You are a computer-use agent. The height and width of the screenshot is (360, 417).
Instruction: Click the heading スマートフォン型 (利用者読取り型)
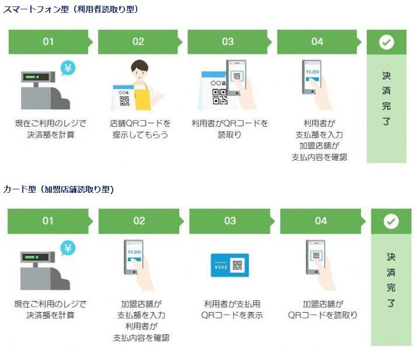tap(71, 9)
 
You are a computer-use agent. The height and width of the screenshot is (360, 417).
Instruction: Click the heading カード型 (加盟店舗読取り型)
tap(58, 189)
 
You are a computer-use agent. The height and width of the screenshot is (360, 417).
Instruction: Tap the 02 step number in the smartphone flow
tap(138, 41)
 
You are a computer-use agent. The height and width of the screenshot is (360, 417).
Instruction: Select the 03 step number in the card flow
tap(230, 221)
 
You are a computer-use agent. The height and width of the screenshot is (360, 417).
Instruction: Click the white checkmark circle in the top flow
tap(387, 42)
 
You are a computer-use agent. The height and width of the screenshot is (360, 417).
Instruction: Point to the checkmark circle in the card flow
tap(391, 221)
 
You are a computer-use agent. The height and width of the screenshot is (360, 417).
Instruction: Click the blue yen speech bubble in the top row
tap(68, 68)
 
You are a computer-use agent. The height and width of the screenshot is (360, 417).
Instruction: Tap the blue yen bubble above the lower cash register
tap(68, 248)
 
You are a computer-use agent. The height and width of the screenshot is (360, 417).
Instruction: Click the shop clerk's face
tap(140, 71)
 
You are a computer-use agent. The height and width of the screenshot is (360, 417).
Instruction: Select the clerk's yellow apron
tap(143, 97)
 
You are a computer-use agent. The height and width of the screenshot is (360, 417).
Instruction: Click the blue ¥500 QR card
tap(230, 265)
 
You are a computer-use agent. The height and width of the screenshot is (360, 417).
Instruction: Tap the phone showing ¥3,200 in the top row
tap(312, 77)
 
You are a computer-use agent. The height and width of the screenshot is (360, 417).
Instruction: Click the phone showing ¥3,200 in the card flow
tap(134, 257)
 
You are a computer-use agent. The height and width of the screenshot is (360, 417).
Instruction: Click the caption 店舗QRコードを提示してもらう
tap(140, 129)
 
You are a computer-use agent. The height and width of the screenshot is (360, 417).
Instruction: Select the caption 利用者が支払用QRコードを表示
tap(232, 309)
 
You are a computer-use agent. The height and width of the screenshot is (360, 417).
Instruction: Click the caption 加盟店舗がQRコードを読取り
tap(322, 309)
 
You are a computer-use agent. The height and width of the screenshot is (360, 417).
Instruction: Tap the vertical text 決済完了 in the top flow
tap(387, 98)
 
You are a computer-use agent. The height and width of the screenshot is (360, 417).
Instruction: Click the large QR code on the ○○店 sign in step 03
tap(220, 96)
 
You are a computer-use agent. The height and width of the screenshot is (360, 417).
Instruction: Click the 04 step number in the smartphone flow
tap(317, 41)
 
